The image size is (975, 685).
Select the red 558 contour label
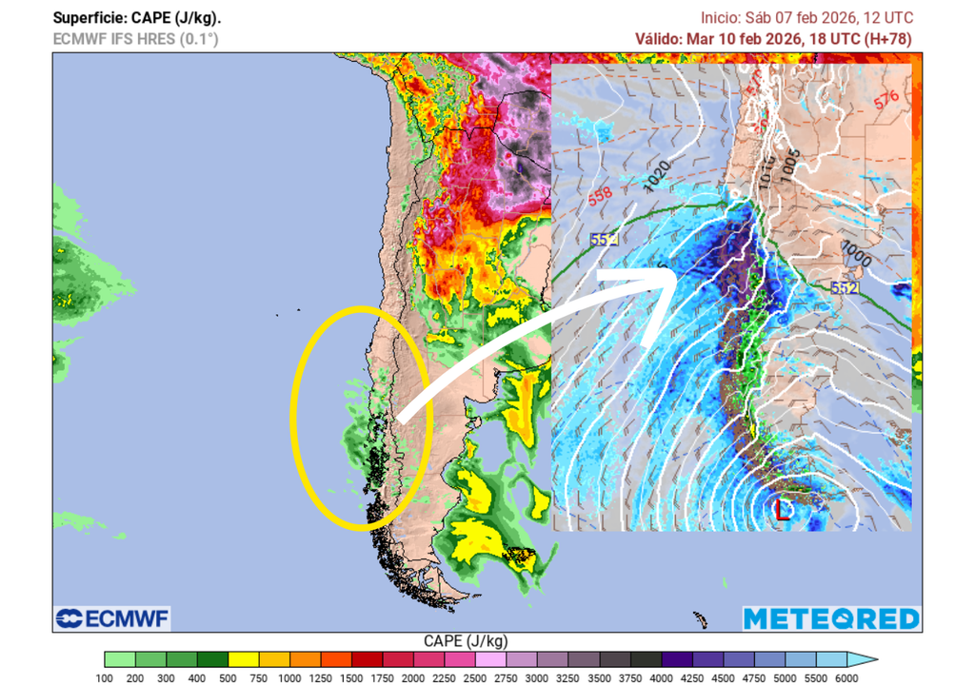[x=600, y=196]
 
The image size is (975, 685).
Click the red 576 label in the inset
[x=886, y=98]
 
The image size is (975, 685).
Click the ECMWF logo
[x=112, y=618]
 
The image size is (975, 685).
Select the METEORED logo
[x=831, y=618]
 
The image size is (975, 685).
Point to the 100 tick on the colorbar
[x=105, y=677]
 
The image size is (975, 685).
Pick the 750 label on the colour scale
[x=259, y=677]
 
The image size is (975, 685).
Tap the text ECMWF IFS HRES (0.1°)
[x=135, y=39]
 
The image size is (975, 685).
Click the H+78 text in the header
[x=887, y=39]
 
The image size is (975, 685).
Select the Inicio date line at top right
[x=806, y=18]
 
